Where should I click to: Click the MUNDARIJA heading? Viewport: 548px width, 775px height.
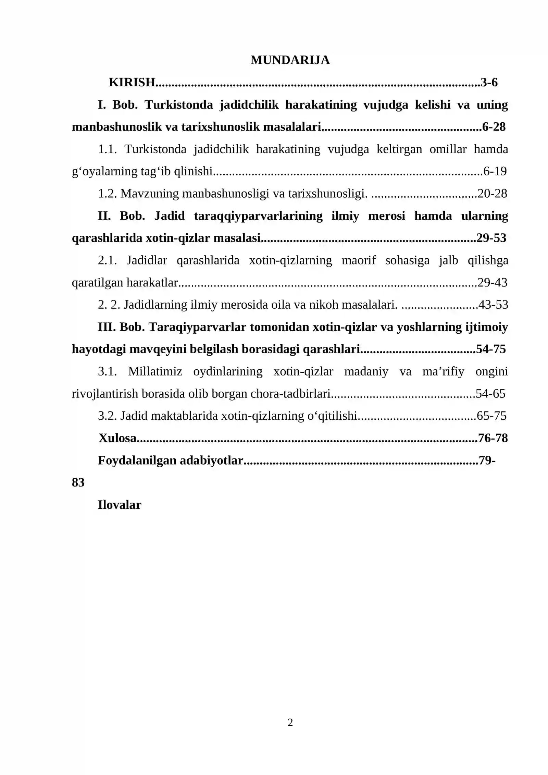point(290,60)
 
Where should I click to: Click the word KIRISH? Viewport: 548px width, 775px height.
point(132,82)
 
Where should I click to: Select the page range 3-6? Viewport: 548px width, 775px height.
point(489,82)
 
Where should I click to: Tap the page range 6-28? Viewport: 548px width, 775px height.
point(494,127)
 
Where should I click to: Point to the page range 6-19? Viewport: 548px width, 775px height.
point(495,171)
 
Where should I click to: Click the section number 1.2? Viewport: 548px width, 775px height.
point(108,194)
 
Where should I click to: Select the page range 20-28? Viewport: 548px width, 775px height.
point(492,194)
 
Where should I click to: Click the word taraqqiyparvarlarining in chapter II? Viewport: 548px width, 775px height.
point(258,216)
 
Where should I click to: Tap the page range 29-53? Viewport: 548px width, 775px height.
point(491,238)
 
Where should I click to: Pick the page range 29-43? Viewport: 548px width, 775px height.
point(492,282)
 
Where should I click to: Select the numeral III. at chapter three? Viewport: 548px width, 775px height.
point(107,327)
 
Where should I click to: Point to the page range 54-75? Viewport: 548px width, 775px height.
point(491,349)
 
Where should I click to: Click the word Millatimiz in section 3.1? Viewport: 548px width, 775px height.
point(155,371)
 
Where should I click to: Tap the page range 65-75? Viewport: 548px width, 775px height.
point(491,416)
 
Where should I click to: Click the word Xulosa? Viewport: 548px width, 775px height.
point(117,438)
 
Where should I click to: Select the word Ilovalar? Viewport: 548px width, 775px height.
point(119,505)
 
